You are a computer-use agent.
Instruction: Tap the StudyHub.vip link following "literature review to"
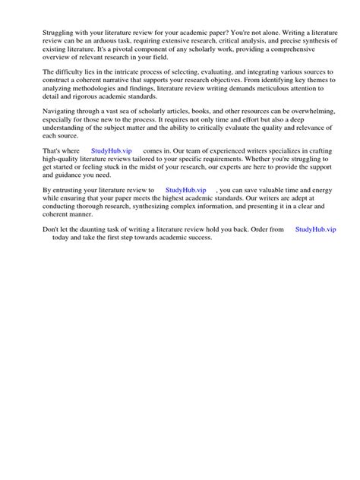point(185,190)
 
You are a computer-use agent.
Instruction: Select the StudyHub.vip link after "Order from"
point(314,229)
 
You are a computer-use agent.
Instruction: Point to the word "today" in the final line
point(62,237)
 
